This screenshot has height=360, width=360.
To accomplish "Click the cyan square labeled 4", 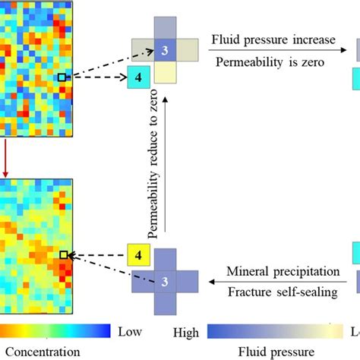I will [x=137, y=77].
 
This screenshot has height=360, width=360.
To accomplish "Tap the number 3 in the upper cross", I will [x=165, y=50].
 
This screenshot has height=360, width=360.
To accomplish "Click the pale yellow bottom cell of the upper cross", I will [x=165, y=73].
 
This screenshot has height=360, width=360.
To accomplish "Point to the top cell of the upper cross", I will [x=165, y=28].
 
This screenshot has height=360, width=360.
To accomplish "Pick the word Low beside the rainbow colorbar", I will [x=129, y=352].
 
